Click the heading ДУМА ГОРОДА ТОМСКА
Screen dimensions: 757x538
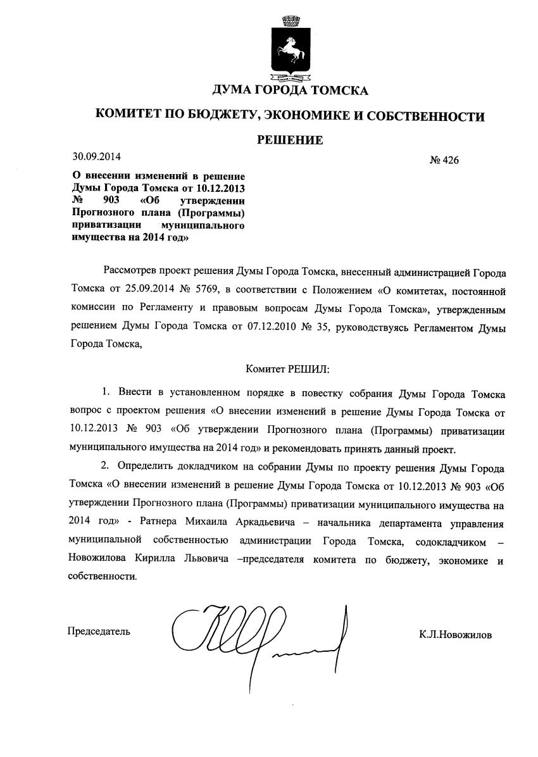(x=290, y=91)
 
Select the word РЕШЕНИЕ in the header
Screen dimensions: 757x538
(x=290, y=140)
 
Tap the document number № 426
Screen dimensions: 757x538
(x=444, y=160)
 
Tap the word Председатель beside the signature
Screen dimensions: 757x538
(x=99, y=631)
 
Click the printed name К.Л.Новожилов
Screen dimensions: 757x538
(x=454, y=635)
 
